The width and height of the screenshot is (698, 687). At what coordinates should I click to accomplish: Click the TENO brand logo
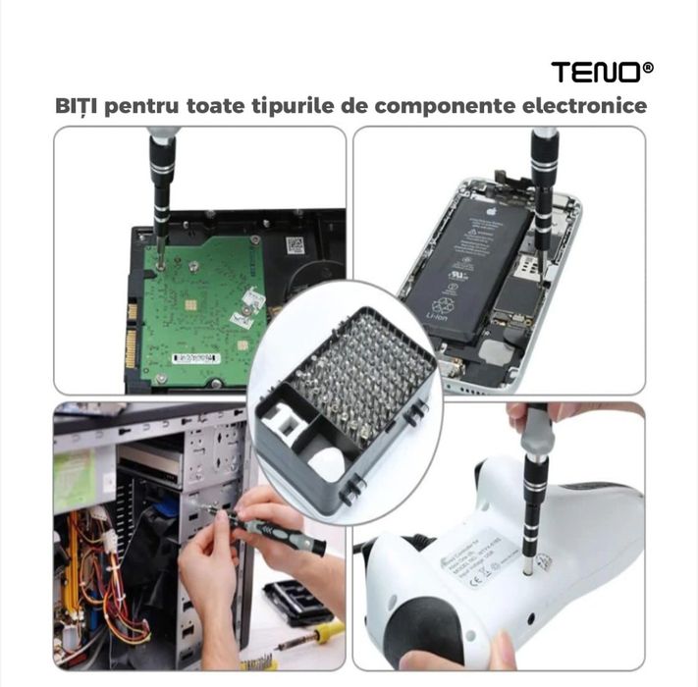[x=602, y=72]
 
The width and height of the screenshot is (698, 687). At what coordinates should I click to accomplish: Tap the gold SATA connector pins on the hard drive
[x=131, y=324]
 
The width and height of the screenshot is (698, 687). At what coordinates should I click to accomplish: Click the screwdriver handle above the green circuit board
[x=161, y=173]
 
